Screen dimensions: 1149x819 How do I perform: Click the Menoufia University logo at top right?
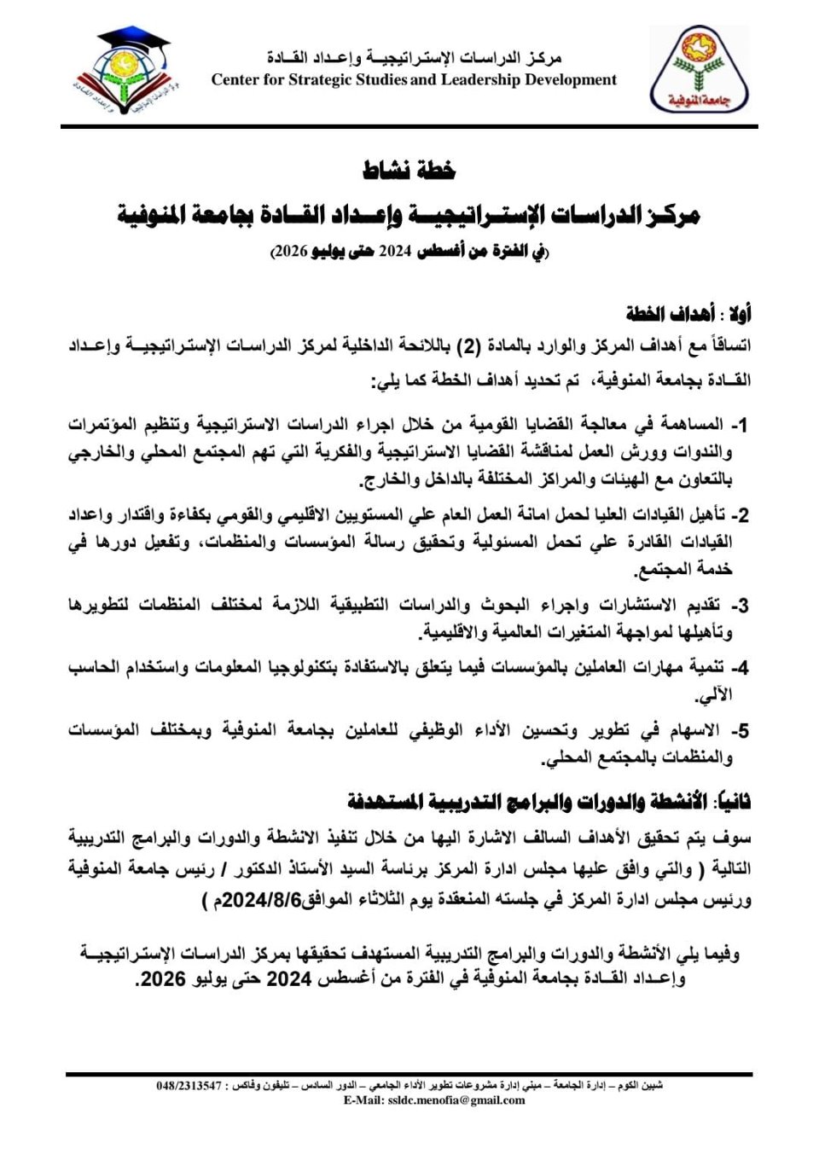pyautogui.click(x=699, y=70)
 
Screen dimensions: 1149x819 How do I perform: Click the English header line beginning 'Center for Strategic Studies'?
pyautogui.click(x=414, y=80)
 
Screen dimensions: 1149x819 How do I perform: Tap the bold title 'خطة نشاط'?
pyautogui.click(x=409, y=170)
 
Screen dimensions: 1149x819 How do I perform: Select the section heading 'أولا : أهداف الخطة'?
pyautogui.click(x=688, y=314)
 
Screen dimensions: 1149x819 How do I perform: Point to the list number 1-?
pyautogui.click(x=740, y=424)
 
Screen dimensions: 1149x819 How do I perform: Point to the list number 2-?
pyautogui.click(x=740, y=515)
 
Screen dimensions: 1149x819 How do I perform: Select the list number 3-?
pyautogui.click(x=740, y=606)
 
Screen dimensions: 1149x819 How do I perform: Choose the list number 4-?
pyautogui.click(x=740, y=668)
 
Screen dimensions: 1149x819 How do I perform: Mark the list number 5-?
pyautogui.click(x=740, y=731)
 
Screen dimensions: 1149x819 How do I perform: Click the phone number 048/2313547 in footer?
pyautogui.click(x=189, y=1086)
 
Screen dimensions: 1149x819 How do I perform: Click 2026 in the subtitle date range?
pyautogui.click(x=290, y=252)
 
